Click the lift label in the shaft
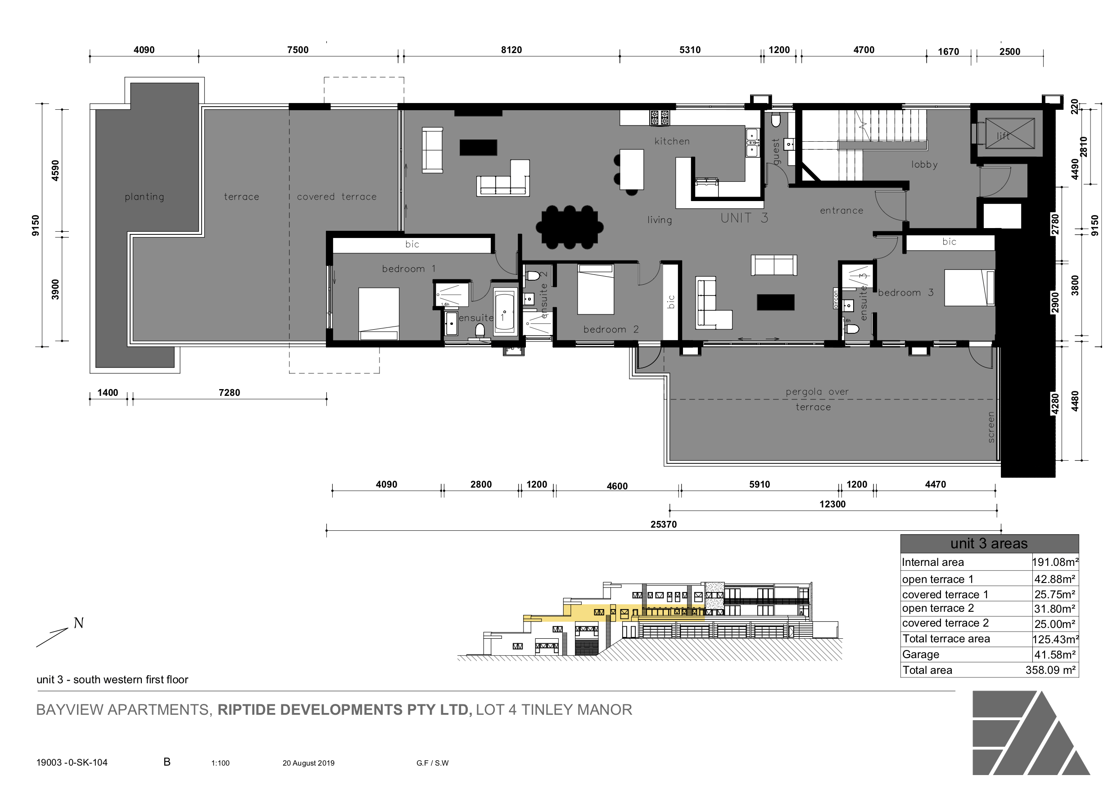click(x=1003, y=136)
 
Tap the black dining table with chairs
click(x=570, y=227)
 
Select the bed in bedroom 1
click(x=379, y=314)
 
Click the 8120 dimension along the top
click(x=511, y=50)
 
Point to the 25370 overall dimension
click(x=664, y=524)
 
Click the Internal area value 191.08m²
click(x=1055, y=562)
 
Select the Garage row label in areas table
click(x=920, y=655)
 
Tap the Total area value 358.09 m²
click(x=1050, y=670)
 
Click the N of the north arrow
click(x=78, y=623)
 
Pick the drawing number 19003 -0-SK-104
click(x=72, y=762)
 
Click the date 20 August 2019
click(x=308, y=763)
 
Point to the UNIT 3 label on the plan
click(x=744, y=218)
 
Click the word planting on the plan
click(x=145, y=197)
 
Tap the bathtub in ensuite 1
click(x=505, y=312)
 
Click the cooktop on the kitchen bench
click(x=659, y=118)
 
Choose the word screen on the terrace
click(x=991, y=427)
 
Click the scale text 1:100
click(x=221, y=763)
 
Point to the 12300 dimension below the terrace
click(x=832, y=504)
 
